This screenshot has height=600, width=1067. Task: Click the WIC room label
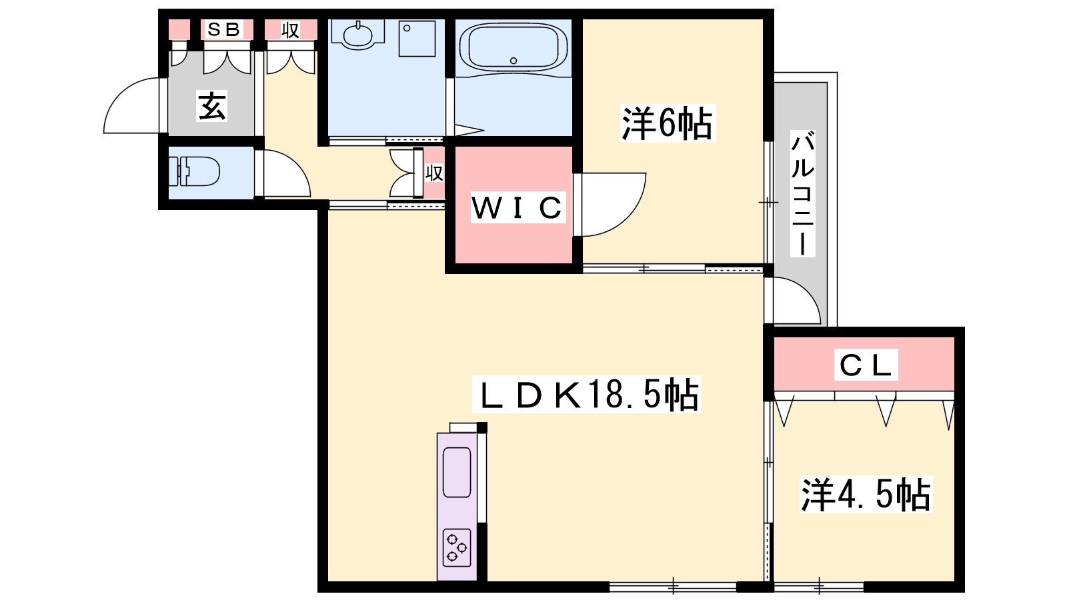tap(517, 207)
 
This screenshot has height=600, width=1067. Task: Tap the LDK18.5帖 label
tap(587, 394)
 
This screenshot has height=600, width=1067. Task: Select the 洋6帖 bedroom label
tap(667, 123)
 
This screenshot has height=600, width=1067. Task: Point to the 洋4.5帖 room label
tap(866, 494)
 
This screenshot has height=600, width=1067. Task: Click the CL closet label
tap(866, 365)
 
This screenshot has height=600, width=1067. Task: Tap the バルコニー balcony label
tap(802, 193)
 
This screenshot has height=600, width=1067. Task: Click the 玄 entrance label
tap(212, 106)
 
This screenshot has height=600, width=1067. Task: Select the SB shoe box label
tap(223, 29)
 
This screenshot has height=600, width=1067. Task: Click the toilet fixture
tap(194, 171)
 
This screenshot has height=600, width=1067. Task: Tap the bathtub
tap(513, 47)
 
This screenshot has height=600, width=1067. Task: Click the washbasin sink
tap(357, 33)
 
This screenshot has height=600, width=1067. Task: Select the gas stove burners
tap(457, 548)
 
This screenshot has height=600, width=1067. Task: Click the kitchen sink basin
tap(457, 472)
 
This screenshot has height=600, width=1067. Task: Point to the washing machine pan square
tap(417, 39)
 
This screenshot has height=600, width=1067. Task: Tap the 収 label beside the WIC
tap(434, 173)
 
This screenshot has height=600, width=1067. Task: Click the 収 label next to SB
tap(290, 30)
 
